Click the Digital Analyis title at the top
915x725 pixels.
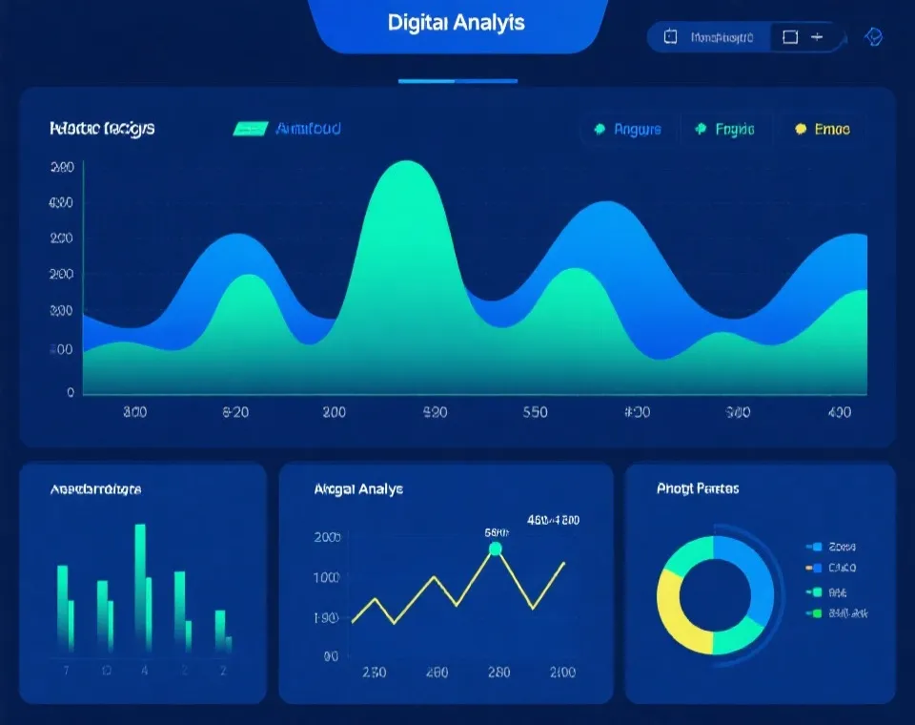457,23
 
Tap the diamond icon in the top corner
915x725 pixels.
873,36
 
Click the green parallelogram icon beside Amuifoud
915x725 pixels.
251,129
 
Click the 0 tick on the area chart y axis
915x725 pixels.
71,392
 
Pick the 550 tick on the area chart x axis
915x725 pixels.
536,413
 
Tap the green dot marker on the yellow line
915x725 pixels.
495,549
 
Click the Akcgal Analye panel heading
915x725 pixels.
358,488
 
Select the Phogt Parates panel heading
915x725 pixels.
698,488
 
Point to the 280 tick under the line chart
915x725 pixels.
498,672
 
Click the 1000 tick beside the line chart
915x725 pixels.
326,577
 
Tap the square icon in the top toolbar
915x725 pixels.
789,37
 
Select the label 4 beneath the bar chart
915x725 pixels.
145,671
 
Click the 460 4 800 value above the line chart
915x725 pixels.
553,521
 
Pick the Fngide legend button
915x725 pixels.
726,130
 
